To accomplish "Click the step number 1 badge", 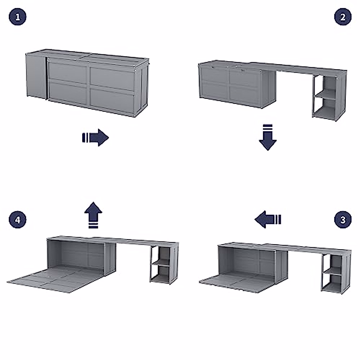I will pos(18,17).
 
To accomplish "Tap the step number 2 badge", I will pos(343,17).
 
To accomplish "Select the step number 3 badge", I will pos(343,220).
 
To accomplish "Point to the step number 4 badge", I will pos(18,220).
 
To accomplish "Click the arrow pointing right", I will pos(95,138).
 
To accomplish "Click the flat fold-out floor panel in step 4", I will pos(51,276).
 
